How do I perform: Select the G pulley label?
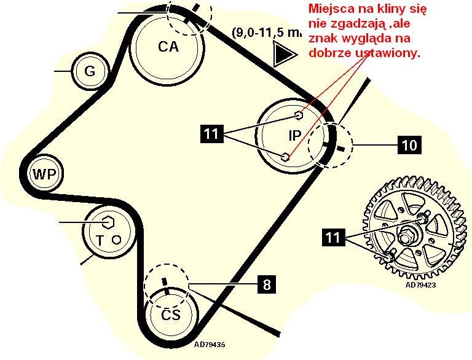(x=90, y=71)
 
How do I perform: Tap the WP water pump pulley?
(x=45, y=174)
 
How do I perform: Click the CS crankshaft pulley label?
(x=171, y=316)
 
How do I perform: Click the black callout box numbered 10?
(x=409, y=145)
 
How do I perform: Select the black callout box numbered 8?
(x=265, y=284)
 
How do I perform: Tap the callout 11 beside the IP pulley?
(x=212, y=135)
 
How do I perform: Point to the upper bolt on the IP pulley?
(x=299, y=115)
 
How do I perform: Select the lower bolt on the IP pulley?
(x=286, y=157)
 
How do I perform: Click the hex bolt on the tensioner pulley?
(x=106, y=221)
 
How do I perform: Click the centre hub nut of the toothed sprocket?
(x=407, y=234)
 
